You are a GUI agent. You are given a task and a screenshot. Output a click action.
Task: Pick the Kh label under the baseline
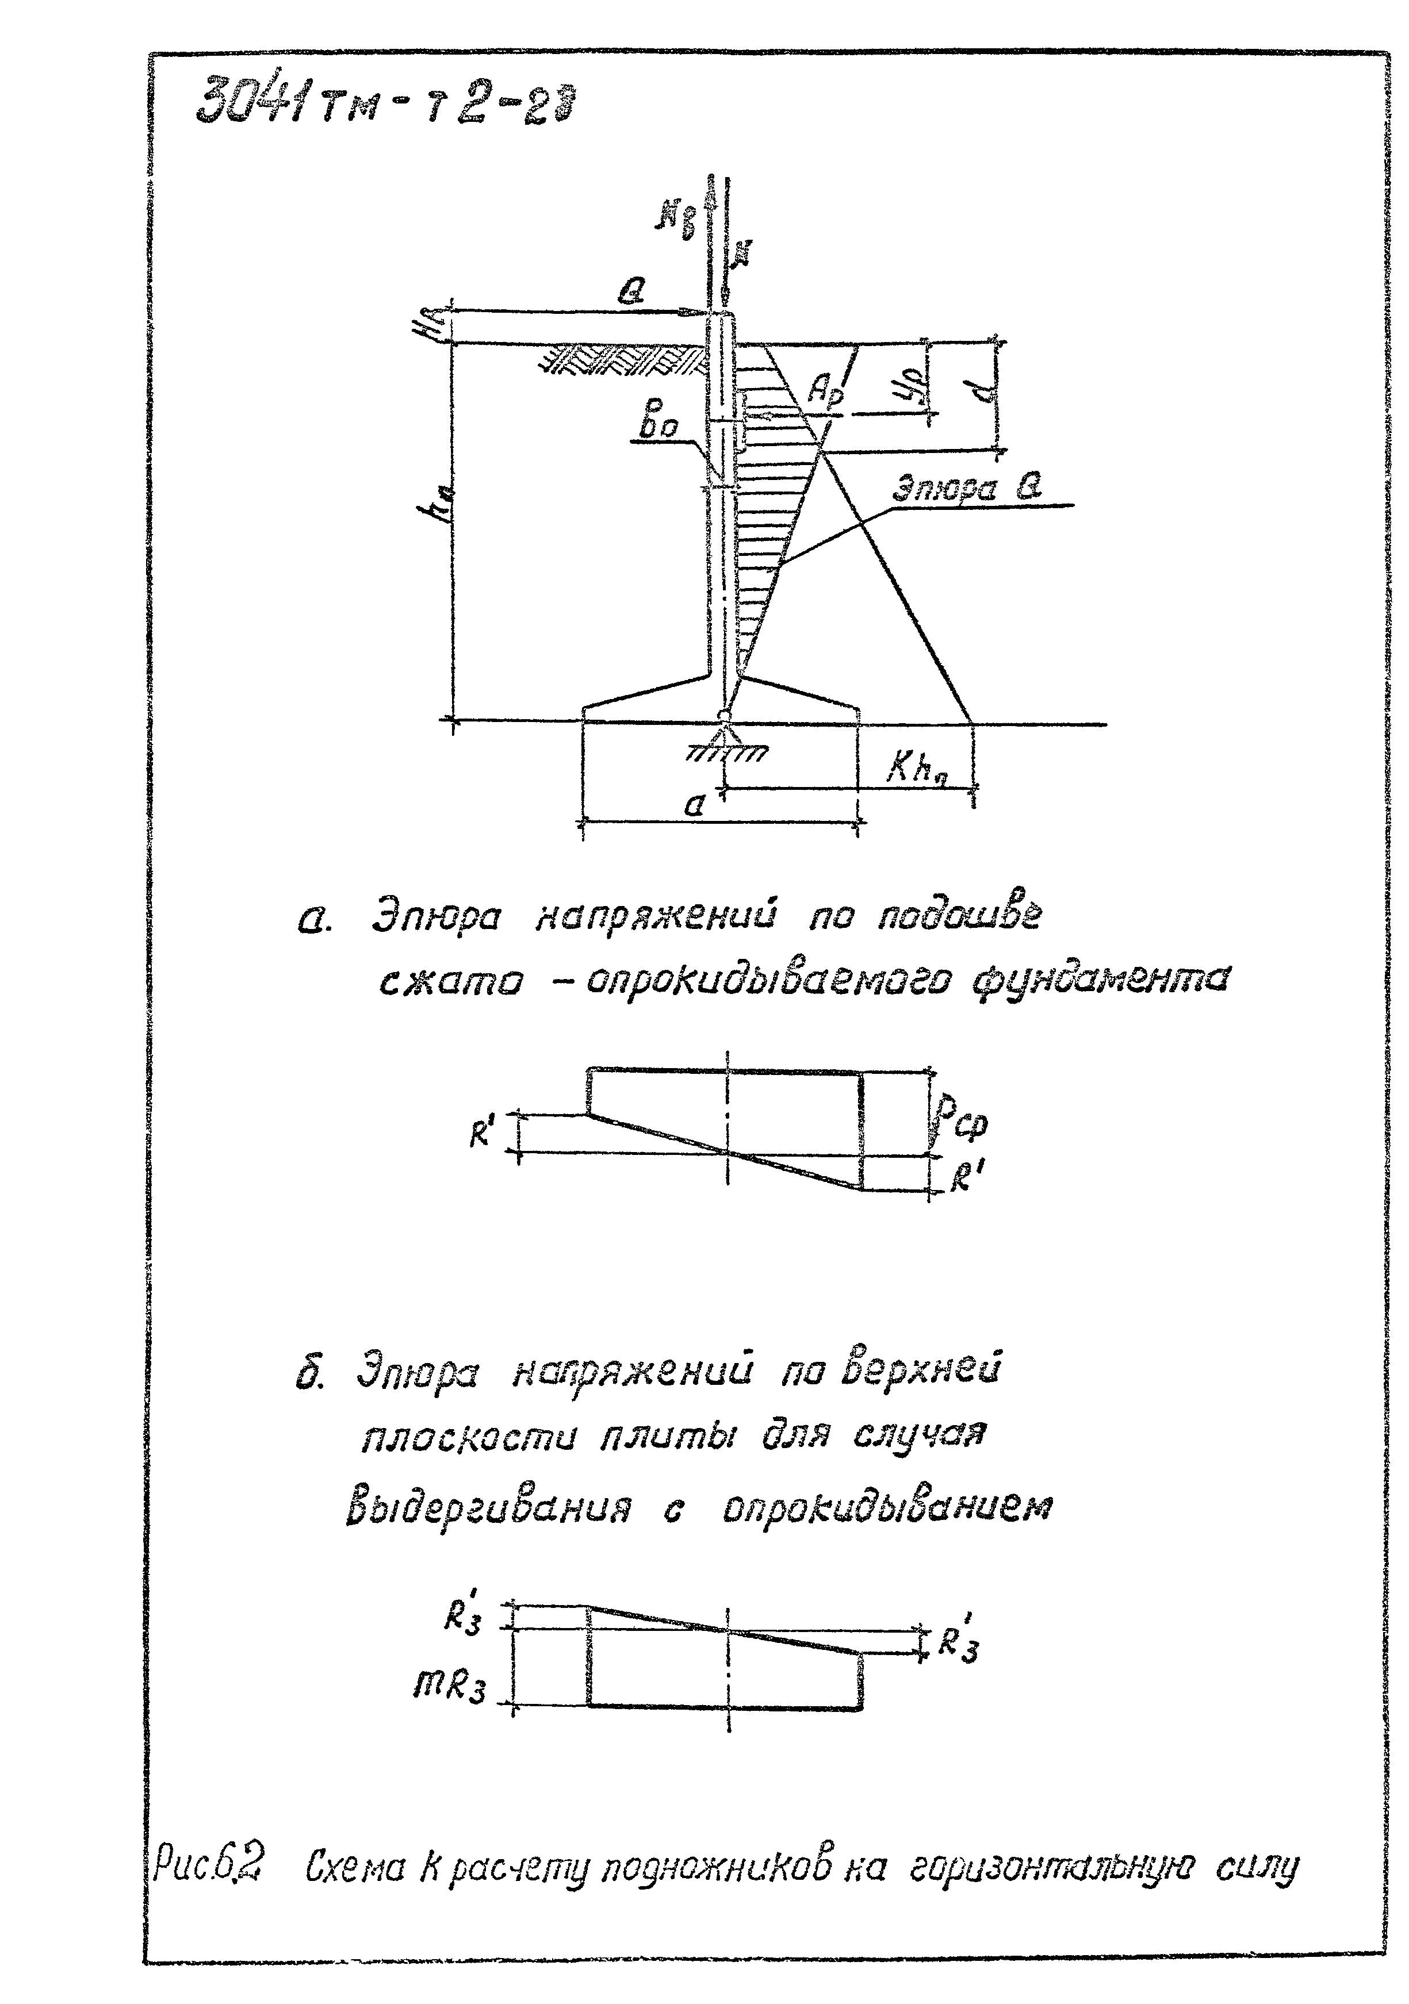(917, 768)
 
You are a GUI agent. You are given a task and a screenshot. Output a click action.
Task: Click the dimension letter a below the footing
(694, 805)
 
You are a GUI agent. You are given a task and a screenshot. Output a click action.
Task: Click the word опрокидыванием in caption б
(886, 1509)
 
